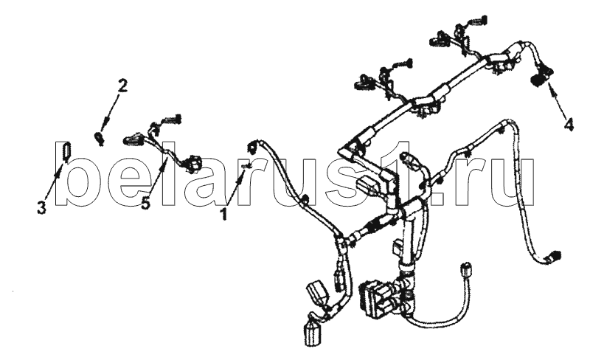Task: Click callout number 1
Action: click(224, 214)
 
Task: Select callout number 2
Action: click(122, 86)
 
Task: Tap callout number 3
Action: click(41, 207)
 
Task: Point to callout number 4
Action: click(569, 124)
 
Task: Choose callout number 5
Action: click(145, 204)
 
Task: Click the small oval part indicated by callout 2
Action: click(99, 137)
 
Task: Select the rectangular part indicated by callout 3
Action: click(66, 151)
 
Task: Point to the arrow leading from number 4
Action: click(557, 100)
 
